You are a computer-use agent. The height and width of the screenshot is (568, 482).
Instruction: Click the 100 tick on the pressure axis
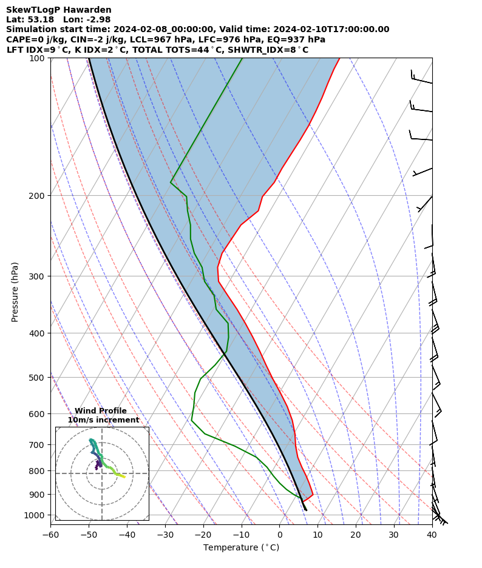(38, 58)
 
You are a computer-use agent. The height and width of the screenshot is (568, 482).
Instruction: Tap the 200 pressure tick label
(38, 196)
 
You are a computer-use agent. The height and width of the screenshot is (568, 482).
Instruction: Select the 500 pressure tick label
(38, 378)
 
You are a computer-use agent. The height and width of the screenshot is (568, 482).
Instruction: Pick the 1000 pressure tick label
(36, 515)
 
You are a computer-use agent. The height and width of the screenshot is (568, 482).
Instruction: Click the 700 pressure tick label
(38, 445)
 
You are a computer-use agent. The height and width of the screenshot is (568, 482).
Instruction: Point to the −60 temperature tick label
(50, 534)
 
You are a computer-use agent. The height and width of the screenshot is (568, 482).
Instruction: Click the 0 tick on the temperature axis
(280, 534)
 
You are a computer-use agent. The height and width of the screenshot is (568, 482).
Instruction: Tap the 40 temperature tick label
(432, 534)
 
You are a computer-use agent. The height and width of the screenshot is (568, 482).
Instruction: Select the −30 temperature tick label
(165, 534)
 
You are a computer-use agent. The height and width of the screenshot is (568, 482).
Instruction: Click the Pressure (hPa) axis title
(15, 292)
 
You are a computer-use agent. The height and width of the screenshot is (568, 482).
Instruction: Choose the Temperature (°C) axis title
(241, 548)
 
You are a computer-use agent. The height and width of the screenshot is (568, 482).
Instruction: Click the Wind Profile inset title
(101, 411)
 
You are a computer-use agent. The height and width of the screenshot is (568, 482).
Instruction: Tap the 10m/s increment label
(103, 420)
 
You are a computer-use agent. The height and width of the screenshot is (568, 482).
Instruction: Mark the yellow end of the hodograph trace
(125, 477)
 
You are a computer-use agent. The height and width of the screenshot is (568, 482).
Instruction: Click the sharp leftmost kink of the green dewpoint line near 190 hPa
(171, 182)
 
